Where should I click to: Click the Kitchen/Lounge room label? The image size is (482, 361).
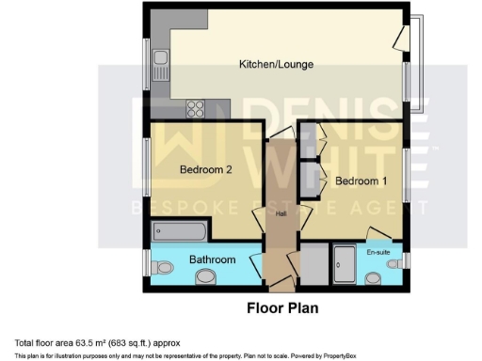[276, 64]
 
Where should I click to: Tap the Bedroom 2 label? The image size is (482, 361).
[205, 170]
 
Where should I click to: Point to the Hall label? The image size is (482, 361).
[280, 214]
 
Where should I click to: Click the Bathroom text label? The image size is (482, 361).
[212, 259]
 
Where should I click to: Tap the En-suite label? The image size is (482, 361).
[378, 252]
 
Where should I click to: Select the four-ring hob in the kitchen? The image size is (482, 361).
[200, 106]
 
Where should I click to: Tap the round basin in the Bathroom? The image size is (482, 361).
[207, 275]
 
